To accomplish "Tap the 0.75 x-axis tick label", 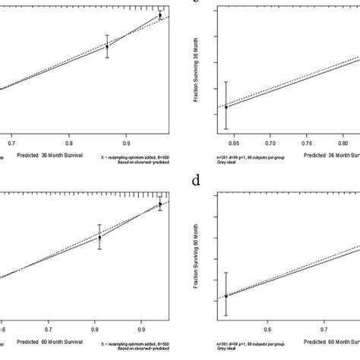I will pyautogui.click(x=308, y=142).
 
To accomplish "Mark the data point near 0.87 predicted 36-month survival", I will pyautogui.click(x=107, y=46).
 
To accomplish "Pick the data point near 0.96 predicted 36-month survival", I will pyautogui.click(x=160, y=15).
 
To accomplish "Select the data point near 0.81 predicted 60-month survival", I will pyautogui.click(x=99, y=237).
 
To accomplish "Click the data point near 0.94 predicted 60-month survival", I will pyautogui.click(x=160, y=204).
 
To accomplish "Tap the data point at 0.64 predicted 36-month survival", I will pyautogui.click(x=226, y=107).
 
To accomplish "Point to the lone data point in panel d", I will pyautogui.click(x=226, y=296).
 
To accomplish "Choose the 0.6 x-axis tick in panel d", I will pyautogui.click(x=267, y=330).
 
